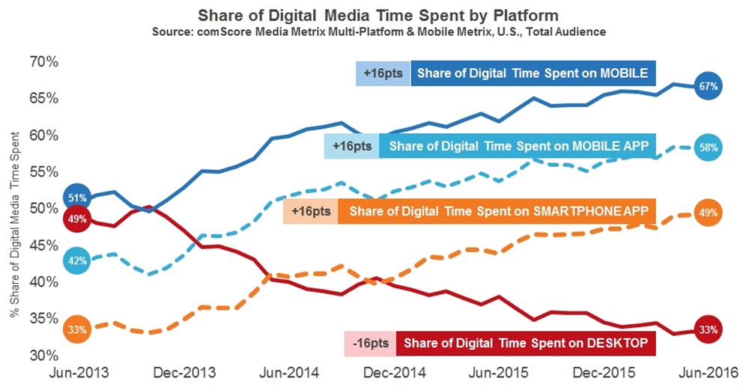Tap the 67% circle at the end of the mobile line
(x=708, y=86)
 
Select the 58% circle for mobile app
(x=708, y=147)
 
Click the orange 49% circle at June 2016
(x=708, y=213)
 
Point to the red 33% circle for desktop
(x=708, y=329)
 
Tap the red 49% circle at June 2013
(x=77, y=219)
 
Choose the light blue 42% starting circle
(x=77, y=262)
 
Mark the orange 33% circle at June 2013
(x=77, y=329)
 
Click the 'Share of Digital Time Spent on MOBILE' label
(x=533, y=73)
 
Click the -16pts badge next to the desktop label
(x=371, y=344)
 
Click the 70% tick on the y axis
(x=40, y=62)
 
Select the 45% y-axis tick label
(x=40, y=245)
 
